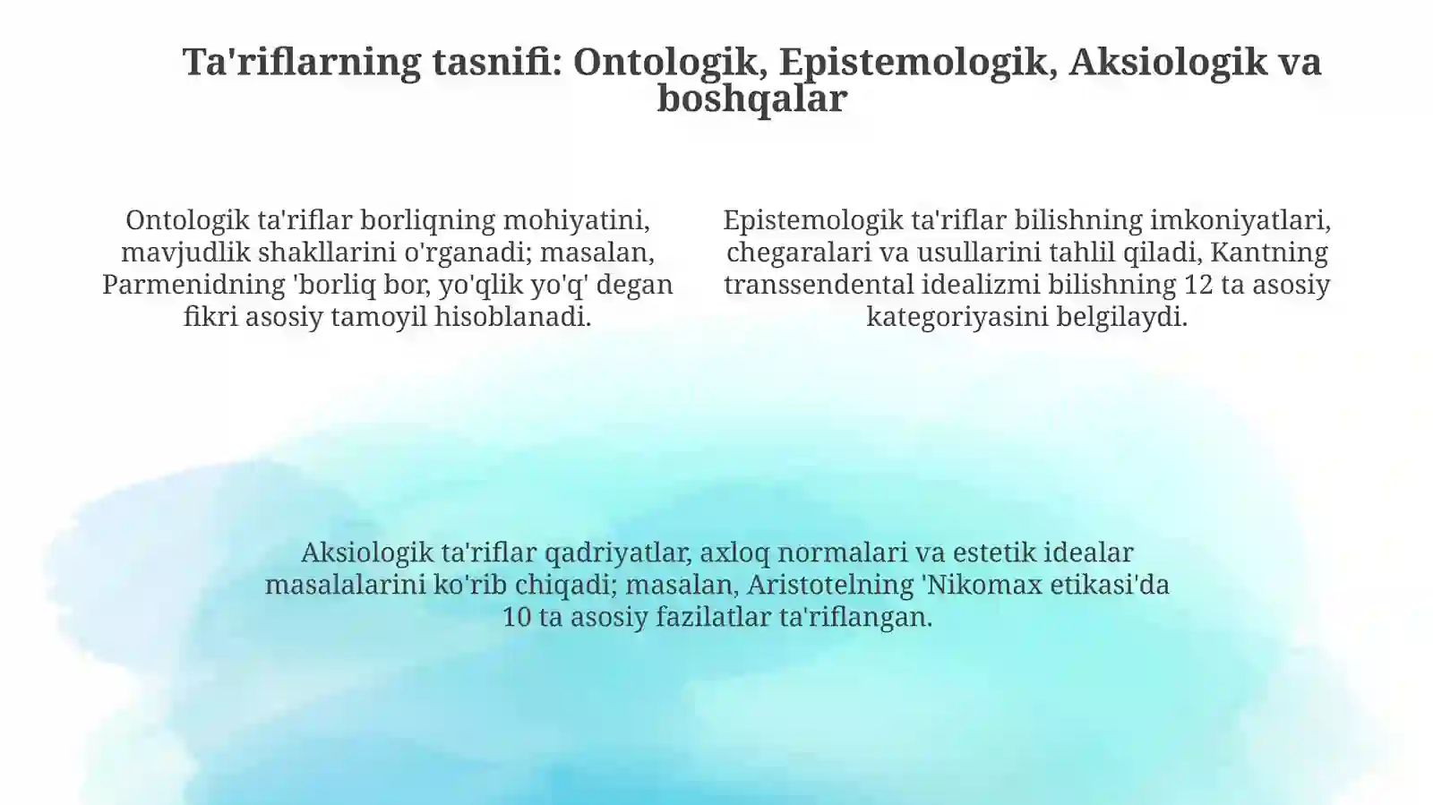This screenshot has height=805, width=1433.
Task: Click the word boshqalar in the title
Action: tap(751, 98)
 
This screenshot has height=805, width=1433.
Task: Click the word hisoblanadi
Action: tap(513, 317)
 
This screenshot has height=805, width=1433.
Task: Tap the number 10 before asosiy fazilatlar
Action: tap(517, 617)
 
